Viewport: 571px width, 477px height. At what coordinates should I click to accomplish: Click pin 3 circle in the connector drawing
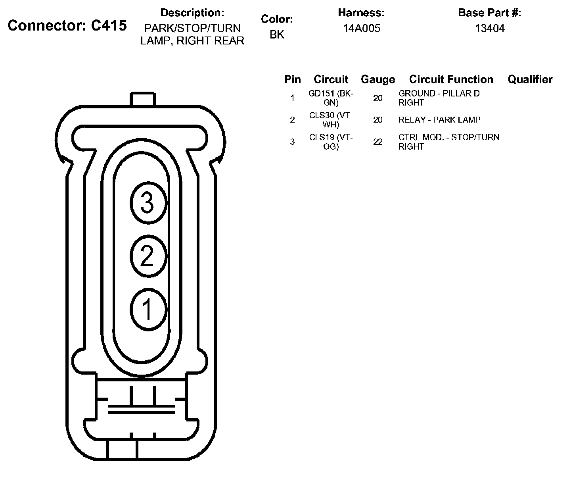coord(148,203)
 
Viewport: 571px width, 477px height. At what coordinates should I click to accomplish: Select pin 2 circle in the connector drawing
coord(148,256)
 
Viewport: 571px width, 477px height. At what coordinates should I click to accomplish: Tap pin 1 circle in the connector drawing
coord(148,309)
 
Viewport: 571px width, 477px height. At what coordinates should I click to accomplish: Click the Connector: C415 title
coord(67,25)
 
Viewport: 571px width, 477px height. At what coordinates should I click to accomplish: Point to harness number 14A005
coord(361,28)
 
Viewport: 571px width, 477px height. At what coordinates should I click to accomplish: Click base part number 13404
coord(490,28)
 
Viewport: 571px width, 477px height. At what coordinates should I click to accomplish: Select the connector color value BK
coord(277,35)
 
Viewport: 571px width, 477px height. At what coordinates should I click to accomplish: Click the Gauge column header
coord(377,79)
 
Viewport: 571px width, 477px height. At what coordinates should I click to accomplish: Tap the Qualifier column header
coord(530,79)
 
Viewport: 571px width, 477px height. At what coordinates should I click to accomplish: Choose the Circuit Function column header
coord(451,79)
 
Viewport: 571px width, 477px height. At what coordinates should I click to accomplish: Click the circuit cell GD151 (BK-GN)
coord(331,98)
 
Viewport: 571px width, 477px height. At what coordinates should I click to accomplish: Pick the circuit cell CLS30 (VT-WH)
coord(331,120)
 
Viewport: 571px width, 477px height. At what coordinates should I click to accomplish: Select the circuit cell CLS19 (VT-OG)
coord(331,142)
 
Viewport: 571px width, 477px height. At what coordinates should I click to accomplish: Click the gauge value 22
coord(377,142)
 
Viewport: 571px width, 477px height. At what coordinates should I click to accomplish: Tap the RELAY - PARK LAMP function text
coord(439,120)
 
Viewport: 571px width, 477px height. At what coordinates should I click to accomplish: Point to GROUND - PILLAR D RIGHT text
coord(439,98)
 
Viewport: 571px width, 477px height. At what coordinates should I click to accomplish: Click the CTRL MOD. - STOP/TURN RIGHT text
coord(448,142)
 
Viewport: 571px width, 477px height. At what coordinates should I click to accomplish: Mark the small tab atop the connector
coord(143,98)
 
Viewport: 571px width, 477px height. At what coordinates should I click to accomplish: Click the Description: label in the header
coord(192,13)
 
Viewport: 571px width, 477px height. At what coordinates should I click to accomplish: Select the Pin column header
coord(292,79)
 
